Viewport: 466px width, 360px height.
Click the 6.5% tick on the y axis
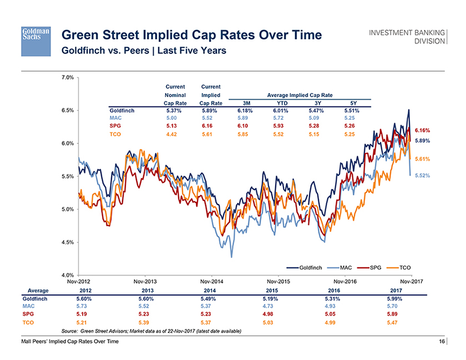[68, 110]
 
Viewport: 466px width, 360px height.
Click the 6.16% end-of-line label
[423, 130]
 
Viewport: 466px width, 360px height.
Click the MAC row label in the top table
[115, 118]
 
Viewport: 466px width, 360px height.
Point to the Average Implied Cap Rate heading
[300, 95]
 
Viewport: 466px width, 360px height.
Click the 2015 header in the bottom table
[272, 290]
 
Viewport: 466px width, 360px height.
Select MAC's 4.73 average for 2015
[272, 306]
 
